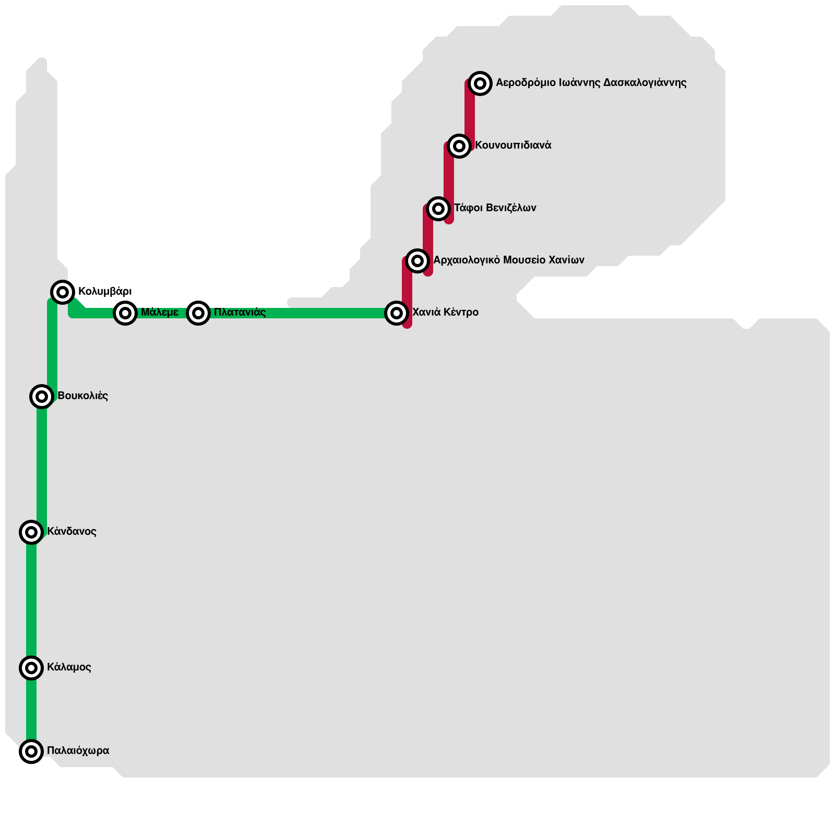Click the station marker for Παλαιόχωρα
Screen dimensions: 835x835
pyautogui.click(x=31, y=751)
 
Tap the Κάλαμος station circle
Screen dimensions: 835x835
pyautogui.click(x=31, y=667)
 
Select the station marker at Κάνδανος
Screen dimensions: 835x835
pyautogui.click(x=31, y=532)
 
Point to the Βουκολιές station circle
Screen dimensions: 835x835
pyautogui.click(x=42, y=397)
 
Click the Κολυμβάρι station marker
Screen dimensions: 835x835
pyautogui.click(x=63, y=292)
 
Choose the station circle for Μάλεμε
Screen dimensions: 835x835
pyautogui.click(x=125, y=313)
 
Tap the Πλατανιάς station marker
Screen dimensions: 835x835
pyautogui.click(x=198, y=313)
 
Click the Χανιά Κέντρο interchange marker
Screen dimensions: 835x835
pyautogui.click(x=397, y=313)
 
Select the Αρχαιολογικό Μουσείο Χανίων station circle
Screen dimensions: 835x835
pyautogui.click(x=417, y=260)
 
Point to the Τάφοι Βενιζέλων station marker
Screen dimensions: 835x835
pyautogui.click(x=438, y=209)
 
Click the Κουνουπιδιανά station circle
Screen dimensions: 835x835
pyautogui.click(x=459, y=146)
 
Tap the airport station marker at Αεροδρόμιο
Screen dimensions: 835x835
pyautogui.click(x=480, y=83)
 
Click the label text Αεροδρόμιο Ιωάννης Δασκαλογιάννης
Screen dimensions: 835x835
pyautogui.click(x=591, y=82)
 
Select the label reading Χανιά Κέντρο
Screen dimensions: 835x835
pyautogui.click(x=445, y=312)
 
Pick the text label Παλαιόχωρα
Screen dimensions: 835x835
pyautogui.click(x=78, y=750)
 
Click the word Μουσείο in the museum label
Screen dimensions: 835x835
pyautogui.click(x=525, y=260)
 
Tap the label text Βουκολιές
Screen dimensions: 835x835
pyautogui.click(x=82, y=396)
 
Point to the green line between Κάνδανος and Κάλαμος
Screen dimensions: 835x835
pyautogui.click(x=31, y=600)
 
